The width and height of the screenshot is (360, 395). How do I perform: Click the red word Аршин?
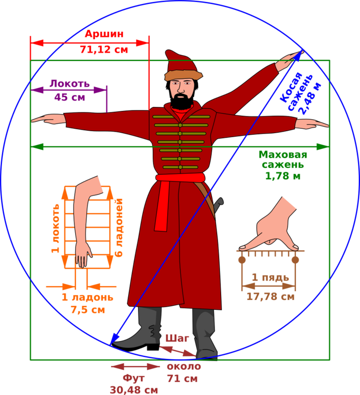[104, 34]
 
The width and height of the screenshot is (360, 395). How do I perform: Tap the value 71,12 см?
[104, 49]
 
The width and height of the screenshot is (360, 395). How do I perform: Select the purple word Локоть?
[70, 83]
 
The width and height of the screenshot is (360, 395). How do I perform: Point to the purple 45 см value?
[70, 97]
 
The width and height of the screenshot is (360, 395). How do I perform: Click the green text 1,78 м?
[283, 176]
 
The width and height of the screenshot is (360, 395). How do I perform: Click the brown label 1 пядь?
[270, 277]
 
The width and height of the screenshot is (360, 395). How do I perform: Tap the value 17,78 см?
[270, 296]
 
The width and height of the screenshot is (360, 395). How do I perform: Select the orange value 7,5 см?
[88, 309]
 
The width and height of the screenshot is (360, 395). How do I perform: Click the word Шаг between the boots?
[177, 338]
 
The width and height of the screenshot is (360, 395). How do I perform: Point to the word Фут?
[134, 378]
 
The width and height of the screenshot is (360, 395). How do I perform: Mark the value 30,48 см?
[134, 390]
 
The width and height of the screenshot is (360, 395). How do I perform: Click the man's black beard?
[182, 101]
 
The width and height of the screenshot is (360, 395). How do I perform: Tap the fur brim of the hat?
[183, 75]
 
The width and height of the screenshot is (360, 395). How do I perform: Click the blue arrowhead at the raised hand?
[298, 56]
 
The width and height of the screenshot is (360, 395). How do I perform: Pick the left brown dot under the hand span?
[242, 260]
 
